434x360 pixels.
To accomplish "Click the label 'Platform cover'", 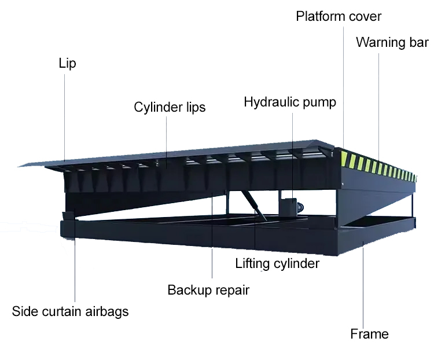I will pos(339,16).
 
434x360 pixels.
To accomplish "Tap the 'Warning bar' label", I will pos(392,43).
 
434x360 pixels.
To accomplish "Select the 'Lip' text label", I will pos(67,63).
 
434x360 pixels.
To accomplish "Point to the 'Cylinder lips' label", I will pos(170,107).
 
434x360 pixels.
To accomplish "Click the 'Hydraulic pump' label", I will pos(289,102).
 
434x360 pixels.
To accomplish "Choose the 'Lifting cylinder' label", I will pos(277,264).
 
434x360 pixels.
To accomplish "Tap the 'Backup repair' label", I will pos(208,289).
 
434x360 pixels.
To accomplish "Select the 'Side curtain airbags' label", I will pos(70,311).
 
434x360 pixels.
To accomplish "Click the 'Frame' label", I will pos(369,334).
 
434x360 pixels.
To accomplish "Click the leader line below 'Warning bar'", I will pos(379,104).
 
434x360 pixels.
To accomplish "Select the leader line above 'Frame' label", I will pos(363,284).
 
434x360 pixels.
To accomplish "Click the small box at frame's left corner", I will pos(68,218).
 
